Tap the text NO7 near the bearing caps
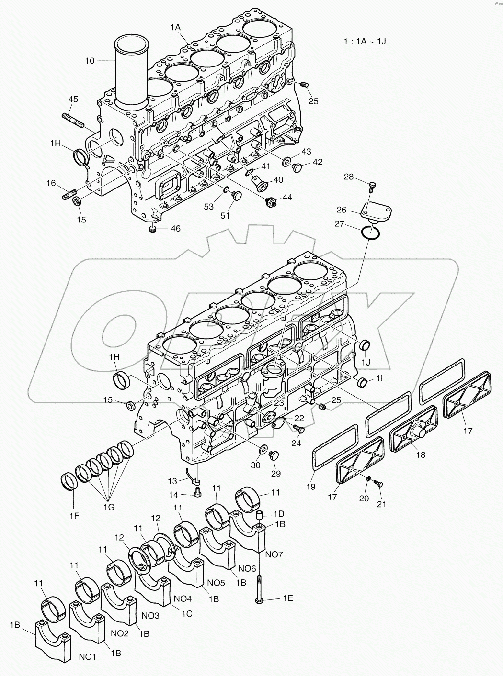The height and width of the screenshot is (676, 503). pyautogui.click(x=274, y=554)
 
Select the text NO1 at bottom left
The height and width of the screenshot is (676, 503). pyautogui.click(x=87, y=657)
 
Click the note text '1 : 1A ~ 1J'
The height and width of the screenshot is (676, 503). pyautogui.click(x=365, y=41)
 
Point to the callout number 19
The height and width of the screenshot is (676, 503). pyautogui.click(x=311, y=487)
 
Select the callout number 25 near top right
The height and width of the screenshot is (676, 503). pyautogui.click(x=313, y=101)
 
